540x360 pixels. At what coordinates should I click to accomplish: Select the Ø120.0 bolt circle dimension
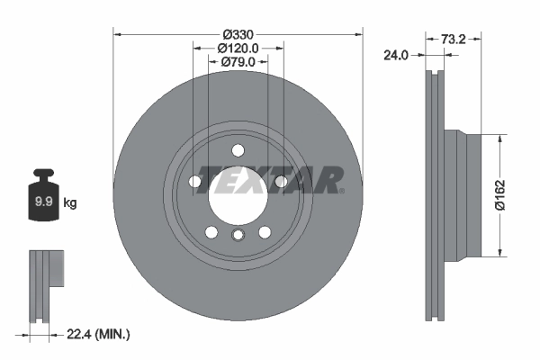(238, 48)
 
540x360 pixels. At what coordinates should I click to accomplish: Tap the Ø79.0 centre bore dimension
(238, 62)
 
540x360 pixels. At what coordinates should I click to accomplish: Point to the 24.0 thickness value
(396, 55)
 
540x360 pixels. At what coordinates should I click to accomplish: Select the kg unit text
(70, 203)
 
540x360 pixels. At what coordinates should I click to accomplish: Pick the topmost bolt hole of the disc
(238, 150)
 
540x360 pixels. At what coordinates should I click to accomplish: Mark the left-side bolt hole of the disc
(195, 181)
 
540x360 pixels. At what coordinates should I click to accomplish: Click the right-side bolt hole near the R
(281, 181)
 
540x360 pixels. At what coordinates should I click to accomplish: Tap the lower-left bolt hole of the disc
(211, 232)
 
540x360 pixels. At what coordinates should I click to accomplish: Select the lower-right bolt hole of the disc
(265, 232)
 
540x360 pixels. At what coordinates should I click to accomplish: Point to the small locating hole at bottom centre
(238, 236)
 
